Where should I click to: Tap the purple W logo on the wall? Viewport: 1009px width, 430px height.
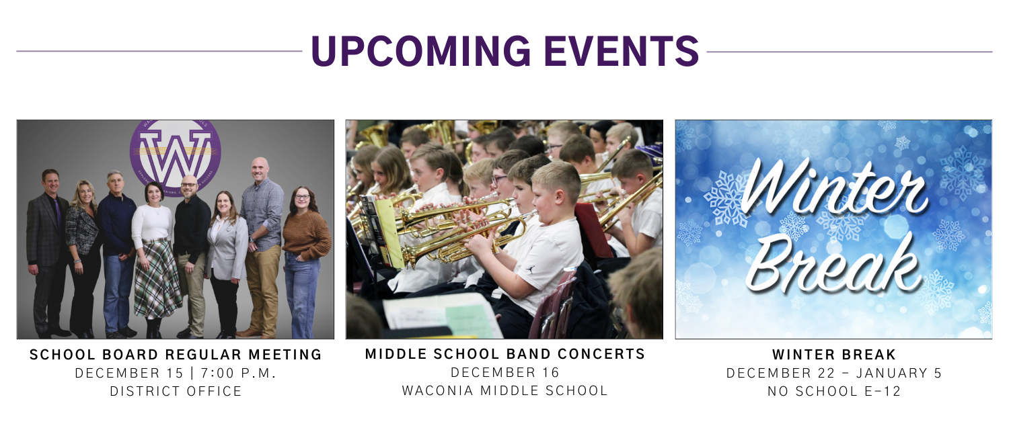pyautogui.click(x=175, y=149)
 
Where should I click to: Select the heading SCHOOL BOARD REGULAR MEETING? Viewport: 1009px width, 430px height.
pyautogui.click(x=176, y=355)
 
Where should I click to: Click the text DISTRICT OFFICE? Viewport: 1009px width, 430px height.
pyautogui.click(x=176, y=391)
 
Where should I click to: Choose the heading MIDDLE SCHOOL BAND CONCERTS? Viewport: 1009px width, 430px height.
pyautogui.click(x=504, y=354)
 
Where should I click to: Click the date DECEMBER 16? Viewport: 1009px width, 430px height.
pyautogui.click(x=504, y=372)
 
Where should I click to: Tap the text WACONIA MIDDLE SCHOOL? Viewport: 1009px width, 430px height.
pyautogui.click(x=504, y=390)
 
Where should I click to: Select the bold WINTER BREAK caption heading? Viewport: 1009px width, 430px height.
pyautogui.click(x=834, y=355)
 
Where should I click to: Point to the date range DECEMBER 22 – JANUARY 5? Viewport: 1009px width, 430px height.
pyautogui.click(x=834, y=373)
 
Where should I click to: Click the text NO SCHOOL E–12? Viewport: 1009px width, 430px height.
pyautogui.click(x=834, y=391)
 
